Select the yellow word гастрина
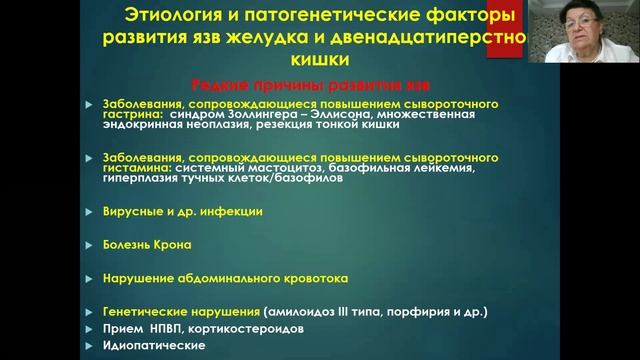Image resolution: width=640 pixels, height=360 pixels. tap(126, 116)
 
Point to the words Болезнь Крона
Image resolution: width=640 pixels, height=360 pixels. tap(145, 242)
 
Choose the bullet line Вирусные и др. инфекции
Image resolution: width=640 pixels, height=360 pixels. tap(168, 212)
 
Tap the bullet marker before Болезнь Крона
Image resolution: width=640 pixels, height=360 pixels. tap(93, 242)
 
